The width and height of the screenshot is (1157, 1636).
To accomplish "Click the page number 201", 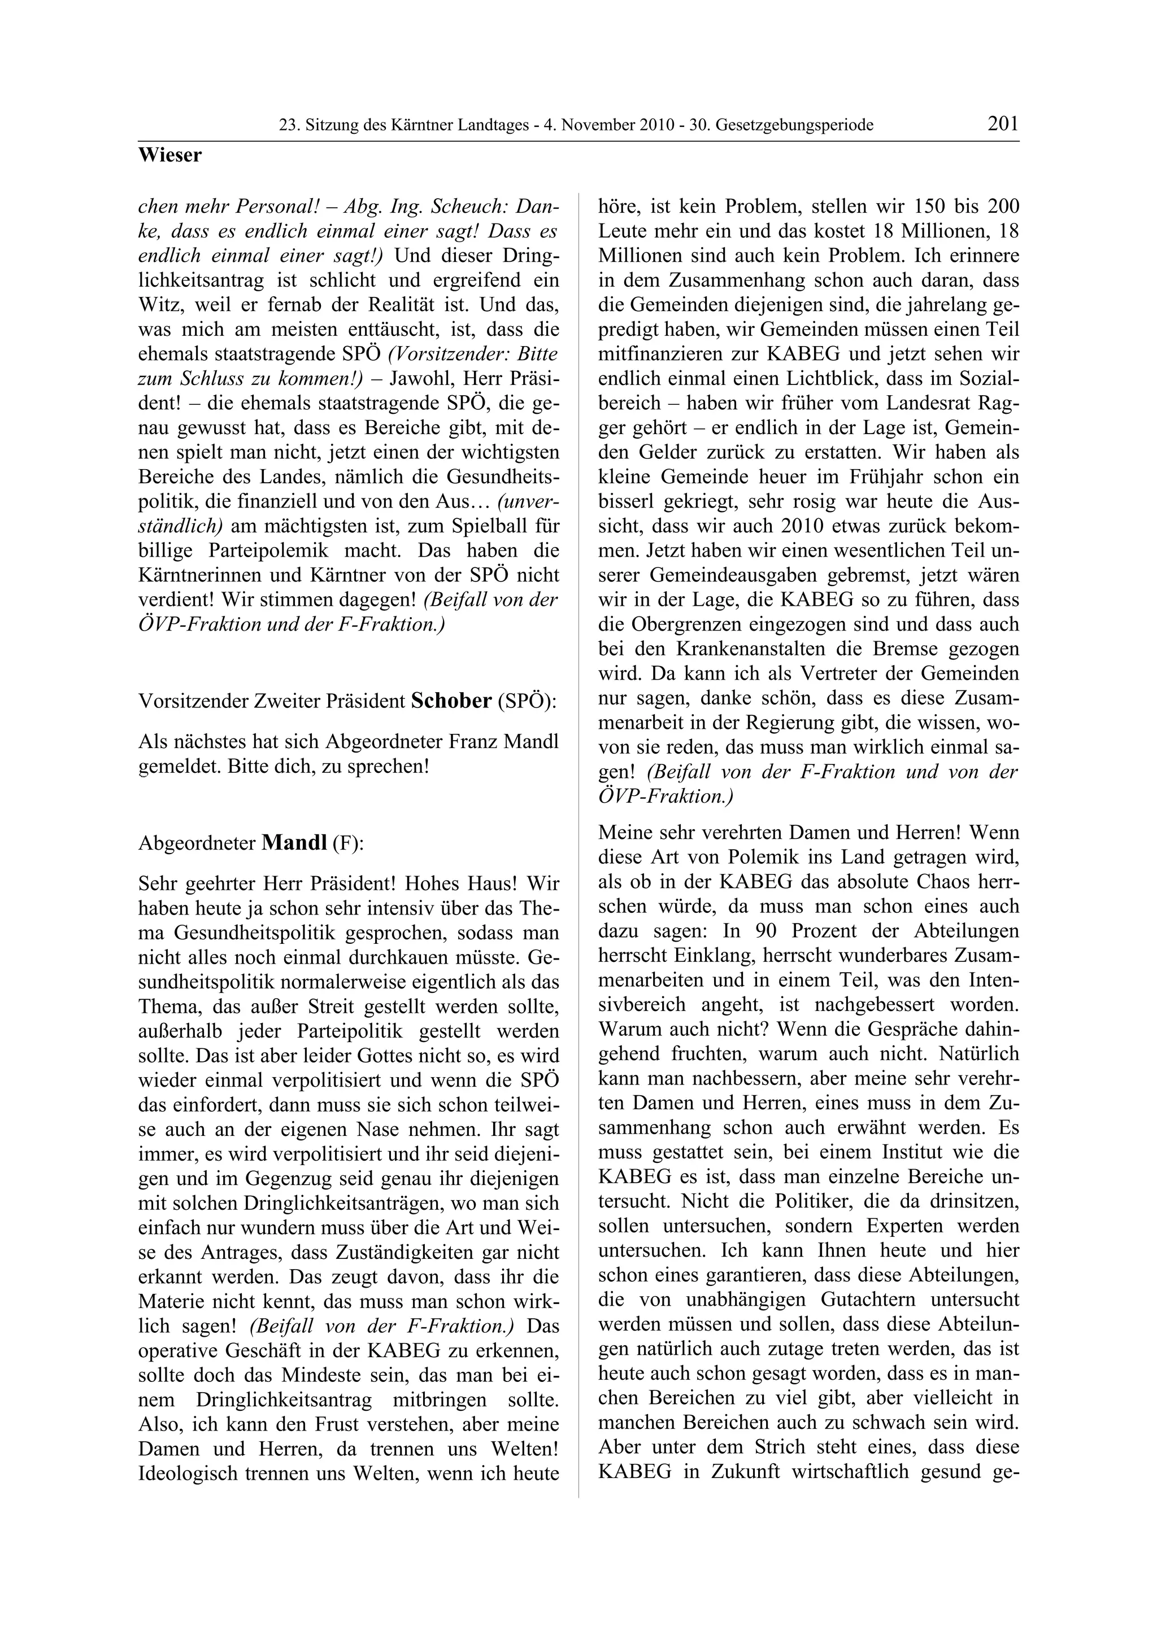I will (1002, 124).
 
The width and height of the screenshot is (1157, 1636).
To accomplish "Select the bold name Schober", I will (451, 701).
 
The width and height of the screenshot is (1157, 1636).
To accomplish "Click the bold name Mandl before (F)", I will (294, 843).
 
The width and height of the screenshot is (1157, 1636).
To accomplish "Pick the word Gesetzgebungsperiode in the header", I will (794, 126).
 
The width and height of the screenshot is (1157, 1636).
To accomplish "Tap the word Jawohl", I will (424, 379).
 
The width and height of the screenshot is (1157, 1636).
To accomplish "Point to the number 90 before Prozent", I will (755, 931).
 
